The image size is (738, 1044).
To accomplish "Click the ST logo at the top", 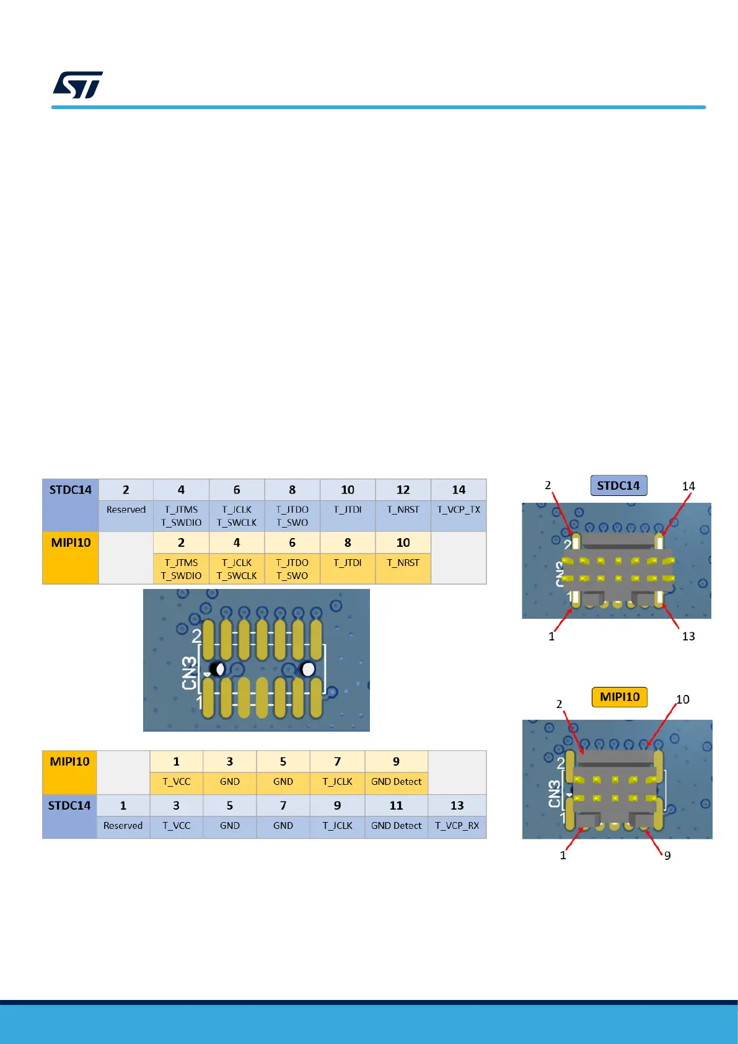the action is [x=78, y=85].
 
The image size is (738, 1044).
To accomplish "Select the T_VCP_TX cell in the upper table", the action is [x=459, y=510].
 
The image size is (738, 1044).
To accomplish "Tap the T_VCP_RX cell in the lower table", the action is [x=457, y=826].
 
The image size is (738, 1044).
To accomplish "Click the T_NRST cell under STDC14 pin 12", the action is [x=403, y=510].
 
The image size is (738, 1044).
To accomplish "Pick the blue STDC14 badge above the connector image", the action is [x=618, y=486].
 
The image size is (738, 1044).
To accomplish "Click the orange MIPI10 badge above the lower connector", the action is [x=620, y=697].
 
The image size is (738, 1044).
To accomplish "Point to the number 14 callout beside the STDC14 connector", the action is [x=688, y=487].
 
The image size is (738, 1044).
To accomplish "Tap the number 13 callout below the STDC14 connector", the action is [x=688, y=637].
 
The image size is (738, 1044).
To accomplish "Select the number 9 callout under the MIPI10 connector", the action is [x=667, y=856].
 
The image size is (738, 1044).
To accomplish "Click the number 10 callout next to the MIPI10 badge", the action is [x=683, y=700].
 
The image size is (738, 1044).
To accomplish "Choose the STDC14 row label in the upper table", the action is [x=71, y=490].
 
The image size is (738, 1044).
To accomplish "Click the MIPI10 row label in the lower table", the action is [x=69, y=762].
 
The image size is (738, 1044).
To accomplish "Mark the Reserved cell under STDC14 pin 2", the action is [x=126, y=510].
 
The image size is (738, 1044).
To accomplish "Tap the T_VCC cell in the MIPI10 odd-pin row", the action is [x=177, y=782].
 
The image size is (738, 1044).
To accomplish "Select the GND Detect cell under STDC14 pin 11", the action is [x=396, y=826].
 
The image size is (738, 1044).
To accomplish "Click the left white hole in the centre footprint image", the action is [x=219, y=669].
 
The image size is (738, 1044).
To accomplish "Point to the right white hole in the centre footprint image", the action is [x=307, y=669].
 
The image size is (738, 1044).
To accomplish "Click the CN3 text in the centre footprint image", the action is [x=190, y=673].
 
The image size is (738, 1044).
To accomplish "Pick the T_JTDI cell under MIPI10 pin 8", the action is [x=348, y=563].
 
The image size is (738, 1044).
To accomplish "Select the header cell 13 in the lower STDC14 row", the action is [x=457, y=806].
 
